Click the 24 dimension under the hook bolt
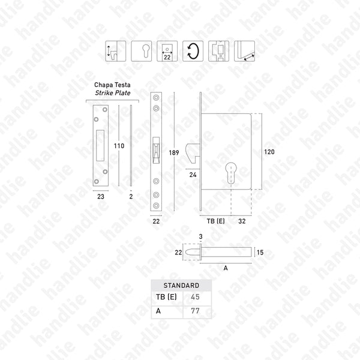193,176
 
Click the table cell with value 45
196,298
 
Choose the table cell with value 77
196,311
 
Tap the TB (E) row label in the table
162,298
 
